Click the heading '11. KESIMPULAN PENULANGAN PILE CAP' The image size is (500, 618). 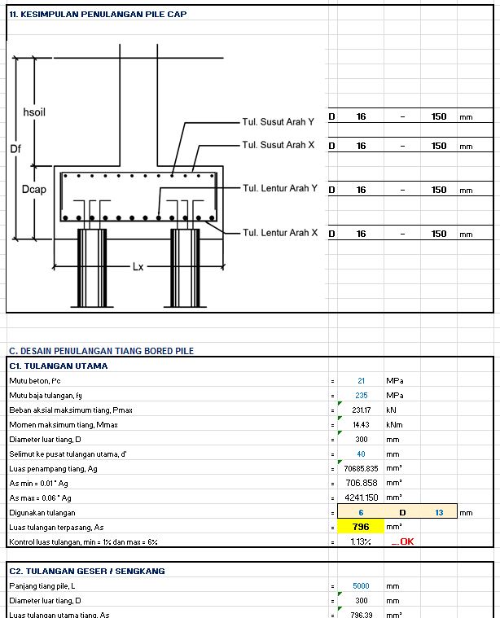(x=97, y=15)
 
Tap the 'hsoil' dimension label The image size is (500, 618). (x=33, y=111)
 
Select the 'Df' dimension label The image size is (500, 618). (x=15, y=149)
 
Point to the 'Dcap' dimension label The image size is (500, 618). (x=33, y=189)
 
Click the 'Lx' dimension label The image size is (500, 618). (x=138, y=266)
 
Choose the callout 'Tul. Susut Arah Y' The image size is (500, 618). (x=279, y=122)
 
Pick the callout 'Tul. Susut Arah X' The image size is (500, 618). (x=279, y=145)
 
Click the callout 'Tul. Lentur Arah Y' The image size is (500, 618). (x=280, y=188)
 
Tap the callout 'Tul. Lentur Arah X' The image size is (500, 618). (x=280, y=233)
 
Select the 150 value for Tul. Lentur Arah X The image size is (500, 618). (x=439, y=234)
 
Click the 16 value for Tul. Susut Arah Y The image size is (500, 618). (x=361, y=116)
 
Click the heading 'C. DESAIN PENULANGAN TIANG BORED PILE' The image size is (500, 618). (x=101, y=351)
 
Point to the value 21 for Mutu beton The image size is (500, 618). (x=361, y=381)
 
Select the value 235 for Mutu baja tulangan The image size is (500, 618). (x=361, y=396)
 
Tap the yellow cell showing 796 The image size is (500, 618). (x=361, y=527)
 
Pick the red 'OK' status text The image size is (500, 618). (x=405, y=541)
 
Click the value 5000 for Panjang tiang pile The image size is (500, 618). (x=361, y=586)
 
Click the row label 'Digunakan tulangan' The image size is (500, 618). (x=42, y=513)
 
